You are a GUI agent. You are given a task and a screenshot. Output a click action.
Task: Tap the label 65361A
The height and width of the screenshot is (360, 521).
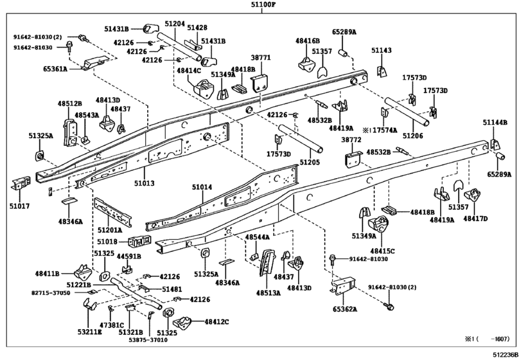tap(55, 69)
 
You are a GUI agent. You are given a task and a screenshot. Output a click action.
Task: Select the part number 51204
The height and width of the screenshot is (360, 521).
tap(175, 24)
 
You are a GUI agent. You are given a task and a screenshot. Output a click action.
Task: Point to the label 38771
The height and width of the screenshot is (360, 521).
tap(261, 57)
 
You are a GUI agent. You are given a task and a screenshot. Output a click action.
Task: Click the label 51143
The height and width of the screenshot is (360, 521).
tap(382, 50)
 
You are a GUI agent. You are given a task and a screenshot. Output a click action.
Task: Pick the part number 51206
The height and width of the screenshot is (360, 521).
tap(413, 136)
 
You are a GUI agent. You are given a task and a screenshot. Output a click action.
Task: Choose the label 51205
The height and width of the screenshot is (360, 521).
tap(310, 162)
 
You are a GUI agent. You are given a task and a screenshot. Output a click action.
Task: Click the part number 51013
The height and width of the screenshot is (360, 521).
tap(145, 183)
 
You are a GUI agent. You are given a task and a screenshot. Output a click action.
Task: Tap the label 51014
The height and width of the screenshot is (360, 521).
tap(202, 188)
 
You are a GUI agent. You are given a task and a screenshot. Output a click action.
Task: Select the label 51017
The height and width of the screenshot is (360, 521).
tap(20, 206)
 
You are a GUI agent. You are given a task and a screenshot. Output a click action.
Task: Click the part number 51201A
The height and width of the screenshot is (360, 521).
tap(110, 230)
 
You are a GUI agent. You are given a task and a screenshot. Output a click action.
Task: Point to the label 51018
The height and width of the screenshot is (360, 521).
tap(107, 241)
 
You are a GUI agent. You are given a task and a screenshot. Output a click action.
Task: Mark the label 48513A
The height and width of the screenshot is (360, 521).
tap(269, 293)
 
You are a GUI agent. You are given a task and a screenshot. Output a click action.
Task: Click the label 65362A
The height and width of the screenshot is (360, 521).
tap(345, 309)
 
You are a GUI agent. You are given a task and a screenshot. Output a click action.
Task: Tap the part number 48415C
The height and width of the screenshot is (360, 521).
tap(382, 251)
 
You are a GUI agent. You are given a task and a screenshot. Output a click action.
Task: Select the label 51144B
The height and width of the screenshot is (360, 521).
tap(495, 123)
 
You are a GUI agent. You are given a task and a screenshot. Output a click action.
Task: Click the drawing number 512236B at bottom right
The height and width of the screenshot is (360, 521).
tap(506, 354)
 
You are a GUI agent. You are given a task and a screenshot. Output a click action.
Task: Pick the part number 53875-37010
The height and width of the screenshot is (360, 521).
tap(148, 340)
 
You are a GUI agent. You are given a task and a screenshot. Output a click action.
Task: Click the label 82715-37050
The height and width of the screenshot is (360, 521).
tap(51, 293)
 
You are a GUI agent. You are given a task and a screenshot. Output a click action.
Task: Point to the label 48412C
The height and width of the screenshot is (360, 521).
tap(217, 322)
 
